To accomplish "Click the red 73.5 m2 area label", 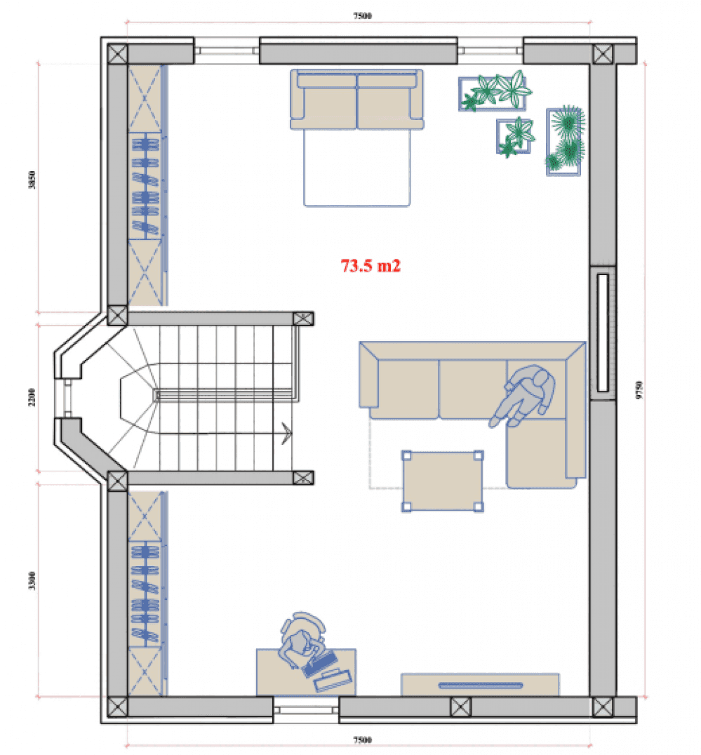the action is tap(370, 265).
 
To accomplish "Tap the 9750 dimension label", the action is tap(639, 389).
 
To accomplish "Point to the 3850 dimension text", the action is tap(32, 180).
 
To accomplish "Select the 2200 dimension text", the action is tap(32, 397).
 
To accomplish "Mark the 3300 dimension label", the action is tap(32, 581).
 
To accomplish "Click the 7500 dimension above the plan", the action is tap(362, 16).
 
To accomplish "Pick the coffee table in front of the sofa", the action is tap(443, 481).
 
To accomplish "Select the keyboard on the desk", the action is tap(320, 664).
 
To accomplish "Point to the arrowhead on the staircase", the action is tap(286, 433).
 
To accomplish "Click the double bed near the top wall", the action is tap(356, 138).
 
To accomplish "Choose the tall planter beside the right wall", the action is tap(564, 142).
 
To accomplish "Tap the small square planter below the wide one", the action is tap(515, 137).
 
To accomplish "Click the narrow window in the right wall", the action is tap(603, 333).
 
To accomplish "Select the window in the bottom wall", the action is tap(306, 710).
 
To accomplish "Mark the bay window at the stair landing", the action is tap(67, 399).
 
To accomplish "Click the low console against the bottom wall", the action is tap(480, 685).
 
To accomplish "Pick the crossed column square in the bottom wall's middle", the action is tap(461, 707).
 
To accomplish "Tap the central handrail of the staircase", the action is tap(226, 396).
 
